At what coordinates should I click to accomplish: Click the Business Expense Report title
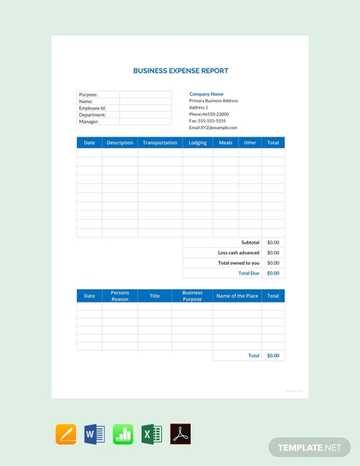[x=180, y=71]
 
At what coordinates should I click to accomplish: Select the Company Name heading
[x=206, y=94]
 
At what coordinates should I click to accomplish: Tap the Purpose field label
[x=88, y=95]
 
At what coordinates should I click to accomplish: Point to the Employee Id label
[x=92, y=108]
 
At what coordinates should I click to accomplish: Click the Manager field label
[x=89, y=122]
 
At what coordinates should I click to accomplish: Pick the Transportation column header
[x=160, y=143]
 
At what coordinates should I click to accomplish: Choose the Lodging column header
[x=197, y=143]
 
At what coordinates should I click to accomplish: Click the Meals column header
[x=225, y=143]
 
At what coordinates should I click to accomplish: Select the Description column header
[x=119, y=143]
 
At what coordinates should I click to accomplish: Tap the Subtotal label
[x=250, y=243]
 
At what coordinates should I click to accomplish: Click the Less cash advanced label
[x=239, y=253]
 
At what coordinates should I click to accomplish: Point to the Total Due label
[x=249, y=273]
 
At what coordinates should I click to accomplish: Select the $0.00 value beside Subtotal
[x=273, y=243]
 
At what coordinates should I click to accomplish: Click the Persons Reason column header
[x=119, y=296]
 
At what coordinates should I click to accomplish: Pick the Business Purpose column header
[x=192, y=296]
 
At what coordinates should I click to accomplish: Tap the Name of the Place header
[x=236, y=296]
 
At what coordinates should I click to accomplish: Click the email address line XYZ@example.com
[x=213, y=128]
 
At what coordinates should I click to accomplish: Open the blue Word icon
[x=94, y=434]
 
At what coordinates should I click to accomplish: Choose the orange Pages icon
[x=65, y=434]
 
